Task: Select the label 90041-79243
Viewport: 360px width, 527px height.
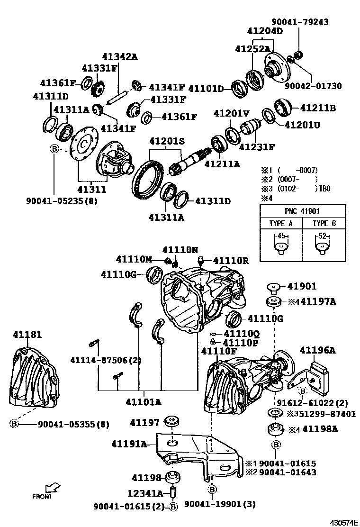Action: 300,22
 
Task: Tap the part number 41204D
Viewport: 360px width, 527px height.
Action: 265,31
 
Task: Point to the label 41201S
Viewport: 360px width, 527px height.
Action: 166,141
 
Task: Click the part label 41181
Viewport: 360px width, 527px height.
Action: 27,335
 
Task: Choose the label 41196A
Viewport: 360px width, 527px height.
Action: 317,350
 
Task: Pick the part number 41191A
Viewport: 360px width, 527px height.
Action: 129,444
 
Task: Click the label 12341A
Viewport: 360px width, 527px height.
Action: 145,493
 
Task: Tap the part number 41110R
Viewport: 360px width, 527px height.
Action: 231,260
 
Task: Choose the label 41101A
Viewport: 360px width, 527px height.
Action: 143,402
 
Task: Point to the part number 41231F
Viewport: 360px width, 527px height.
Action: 257,146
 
